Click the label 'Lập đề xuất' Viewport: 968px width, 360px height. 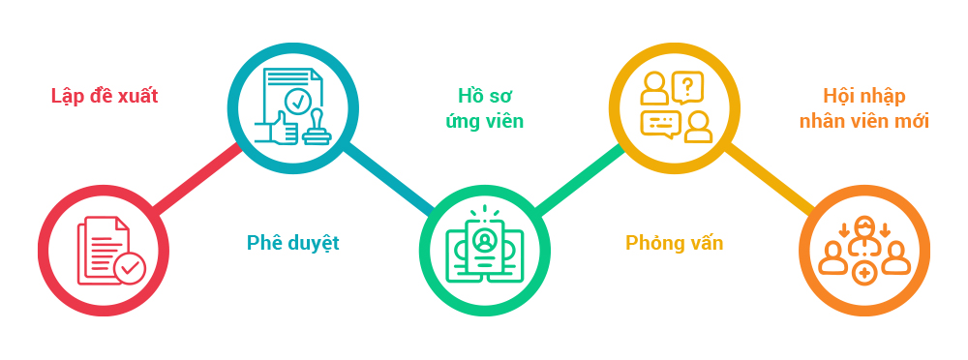click(x=105, y=96)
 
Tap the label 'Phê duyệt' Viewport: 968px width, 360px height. click(x=292, y=242)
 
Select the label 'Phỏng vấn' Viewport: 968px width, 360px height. click(x=674, y=242)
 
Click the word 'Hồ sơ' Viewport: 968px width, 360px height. click(x=484, y=96)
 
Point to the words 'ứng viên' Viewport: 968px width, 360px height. click(x=484, y=121)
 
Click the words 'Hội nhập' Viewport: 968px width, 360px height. click(x=863, y=96)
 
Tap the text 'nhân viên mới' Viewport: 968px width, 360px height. click(x=863, y=121)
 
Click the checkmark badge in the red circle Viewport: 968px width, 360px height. click(x=129, y=267)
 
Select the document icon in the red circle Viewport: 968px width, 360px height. click(x=101, y=247)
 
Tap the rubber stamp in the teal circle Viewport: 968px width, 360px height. click(x=317, y=129)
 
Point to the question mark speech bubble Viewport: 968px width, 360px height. click(x=687, y=86)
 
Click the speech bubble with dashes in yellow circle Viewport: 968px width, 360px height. click(x=660, y=124)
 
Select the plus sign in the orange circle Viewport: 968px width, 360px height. click(x=865, y=276)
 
